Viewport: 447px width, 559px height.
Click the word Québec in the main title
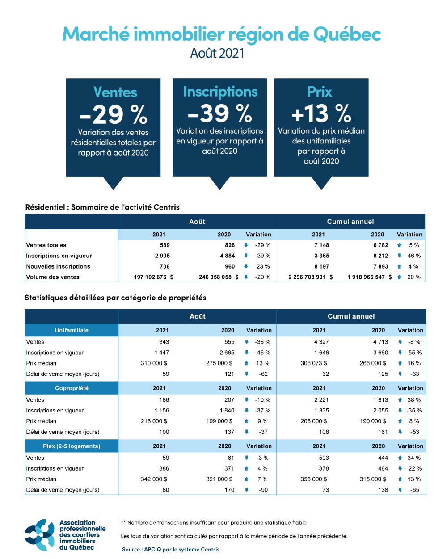[x=347, y=34]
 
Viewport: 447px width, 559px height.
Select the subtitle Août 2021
[x=217, y=53]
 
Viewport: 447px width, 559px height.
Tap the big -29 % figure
[x=114, y=115]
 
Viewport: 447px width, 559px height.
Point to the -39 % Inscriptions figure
[x=220, y=113]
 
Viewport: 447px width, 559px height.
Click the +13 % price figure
[x=321, y=113]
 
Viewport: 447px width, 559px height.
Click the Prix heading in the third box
[x=320, y=92]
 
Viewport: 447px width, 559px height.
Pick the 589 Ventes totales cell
[x=164, y=245]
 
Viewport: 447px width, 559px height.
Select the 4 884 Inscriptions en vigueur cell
[x=227, y=256]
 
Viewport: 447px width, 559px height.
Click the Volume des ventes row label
[x=53, y=277]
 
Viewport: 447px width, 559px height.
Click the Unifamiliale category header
[x=72, y=330]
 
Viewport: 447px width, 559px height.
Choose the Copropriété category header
[x=72, y=388]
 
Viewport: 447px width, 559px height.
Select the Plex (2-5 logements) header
[x=72, y=446]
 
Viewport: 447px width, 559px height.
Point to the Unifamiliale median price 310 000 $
[x=154, y=363]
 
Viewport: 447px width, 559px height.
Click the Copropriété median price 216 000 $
[x=154, y=421]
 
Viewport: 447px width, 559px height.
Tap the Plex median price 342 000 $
[x=154, y=479]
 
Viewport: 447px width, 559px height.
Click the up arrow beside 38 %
[x=400, y=400]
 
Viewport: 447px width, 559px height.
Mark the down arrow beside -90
[x=246, y=490]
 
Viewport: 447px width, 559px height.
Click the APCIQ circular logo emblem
[x=40, y=534]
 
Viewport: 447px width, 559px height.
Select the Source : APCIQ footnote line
[x=171, y=549]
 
